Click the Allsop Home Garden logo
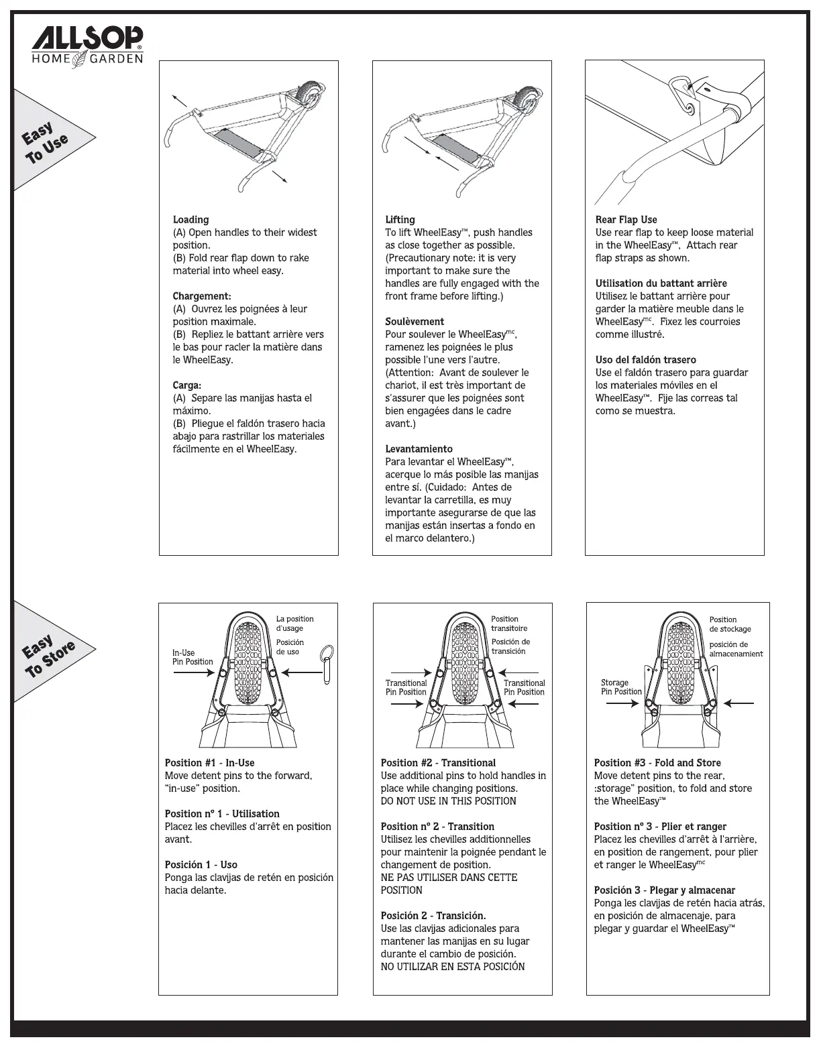pyautogui.click(x=88, y=46)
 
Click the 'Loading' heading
pyautogui.click(x=190, y=219)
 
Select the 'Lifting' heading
pyautogui.click(x=400, y=219)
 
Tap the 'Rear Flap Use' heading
pyautogui.click(x=626, y=219)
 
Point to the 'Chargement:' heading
pyautogui.click(x=202, y=296)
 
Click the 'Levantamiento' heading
pyautogui.click(x=419, y=449)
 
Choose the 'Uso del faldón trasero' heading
pyautogui.click(x=645, y=359)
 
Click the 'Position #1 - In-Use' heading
pyautogui.click(x=209, y=762)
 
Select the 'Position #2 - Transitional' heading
pyautogui.click(x=438, y=762)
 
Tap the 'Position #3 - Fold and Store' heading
pyautogui.click(x=657, y=762)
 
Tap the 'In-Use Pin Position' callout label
pyautogui.click(x=193, y=657)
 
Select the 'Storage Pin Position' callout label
pyautogui.click(x=621, y=687)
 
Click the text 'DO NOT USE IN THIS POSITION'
pyautogui.click(x=448, y=801)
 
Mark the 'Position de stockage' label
pyautogui.click(x=730, y=624)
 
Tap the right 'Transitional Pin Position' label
pyautogui.click(x=524, y=687)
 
